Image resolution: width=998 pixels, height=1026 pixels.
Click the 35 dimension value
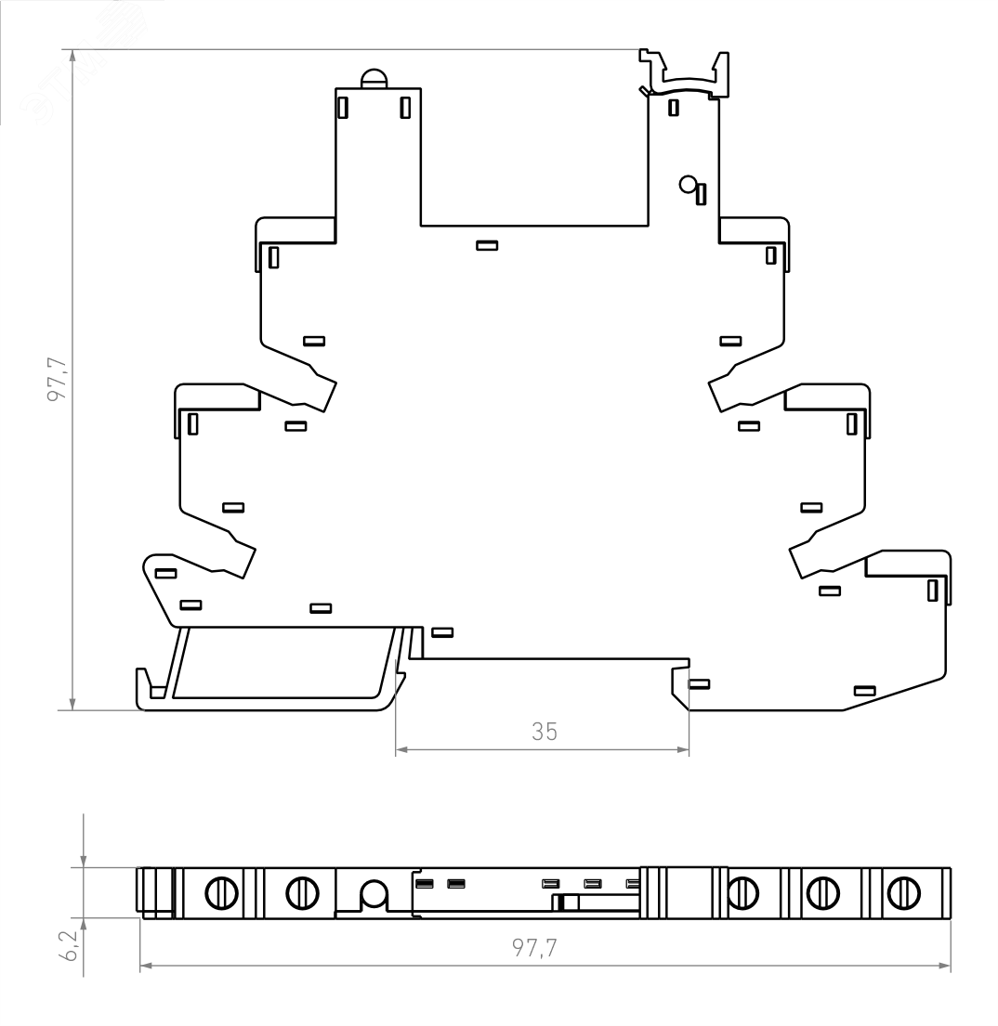(x=545, y=732)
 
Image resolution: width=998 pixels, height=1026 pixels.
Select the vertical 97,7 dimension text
(x=59, y=379)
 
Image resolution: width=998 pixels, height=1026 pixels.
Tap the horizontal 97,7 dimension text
(x=534, y=947)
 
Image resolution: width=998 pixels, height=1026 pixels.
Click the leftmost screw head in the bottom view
(x=221, y=892)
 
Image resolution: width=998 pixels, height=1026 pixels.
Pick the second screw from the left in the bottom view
(x=302, y=892)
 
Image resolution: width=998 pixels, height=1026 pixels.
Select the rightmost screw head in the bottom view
(x=903, y=892)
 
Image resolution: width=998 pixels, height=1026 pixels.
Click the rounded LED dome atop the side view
(x=374, y=79)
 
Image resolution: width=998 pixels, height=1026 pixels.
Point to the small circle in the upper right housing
(x=687, y=185)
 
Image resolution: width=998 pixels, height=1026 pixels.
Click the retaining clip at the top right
(x=684, y=73)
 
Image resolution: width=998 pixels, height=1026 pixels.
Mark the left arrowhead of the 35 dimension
(x=402, y=750)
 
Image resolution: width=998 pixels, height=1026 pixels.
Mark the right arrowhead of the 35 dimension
(x=682, y=750)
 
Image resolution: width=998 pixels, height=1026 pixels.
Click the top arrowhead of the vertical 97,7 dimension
(x=72, y=56)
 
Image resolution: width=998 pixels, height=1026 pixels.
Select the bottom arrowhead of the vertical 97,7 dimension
(x=72, y=703)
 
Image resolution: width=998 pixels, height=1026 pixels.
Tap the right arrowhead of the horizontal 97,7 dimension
(x=943, y=965)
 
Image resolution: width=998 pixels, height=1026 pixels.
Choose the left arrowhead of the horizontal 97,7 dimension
(x=148, y=965)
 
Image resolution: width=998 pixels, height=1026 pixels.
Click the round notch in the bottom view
(x=374, y=894)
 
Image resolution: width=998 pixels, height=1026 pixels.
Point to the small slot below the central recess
(x=487, y=245)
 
